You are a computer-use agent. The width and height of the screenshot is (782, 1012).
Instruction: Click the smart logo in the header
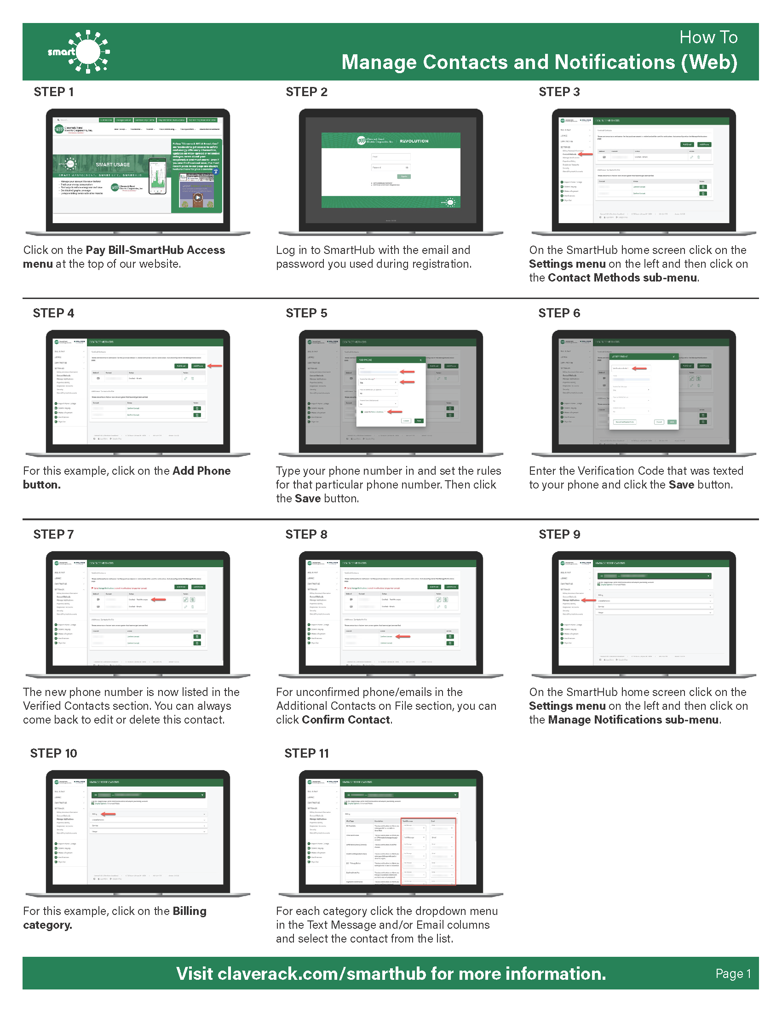pos(79,52)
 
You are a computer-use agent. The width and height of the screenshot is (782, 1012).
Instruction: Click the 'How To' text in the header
pos(708,38)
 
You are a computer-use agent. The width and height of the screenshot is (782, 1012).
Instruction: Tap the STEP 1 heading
pos(53,92)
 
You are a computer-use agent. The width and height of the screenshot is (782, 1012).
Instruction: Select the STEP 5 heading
pos(306,313)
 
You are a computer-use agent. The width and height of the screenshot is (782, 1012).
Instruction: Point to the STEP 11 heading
pos(306,753)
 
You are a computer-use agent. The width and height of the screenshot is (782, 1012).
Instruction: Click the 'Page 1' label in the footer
pos(733,973)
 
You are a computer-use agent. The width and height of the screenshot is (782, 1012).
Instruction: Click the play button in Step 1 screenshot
pos(198,197)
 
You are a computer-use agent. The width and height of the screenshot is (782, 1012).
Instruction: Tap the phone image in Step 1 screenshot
pos(157,177)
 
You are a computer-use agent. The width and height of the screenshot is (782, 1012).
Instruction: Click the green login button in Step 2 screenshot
pos(403,177)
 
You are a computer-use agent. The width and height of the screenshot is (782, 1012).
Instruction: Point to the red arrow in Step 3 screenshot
pos(586,154)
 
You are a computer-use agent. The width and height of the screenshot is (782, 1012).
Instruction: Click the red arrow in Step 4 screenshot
pos(215,366)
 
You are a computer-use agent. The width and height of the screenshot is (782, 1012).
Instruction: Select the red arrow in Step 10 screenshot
pos(108,814)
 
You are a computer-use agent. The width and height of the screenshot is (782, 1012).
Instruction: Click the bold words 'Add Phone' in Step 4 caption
pos(201,471)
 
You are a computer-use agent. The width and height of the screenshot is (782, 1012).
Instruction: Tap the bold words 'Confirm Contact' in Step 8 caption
pos(346,719)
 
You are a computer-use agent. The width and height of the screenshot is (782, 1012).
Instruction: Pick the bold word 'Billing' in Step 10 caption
pos(189,911)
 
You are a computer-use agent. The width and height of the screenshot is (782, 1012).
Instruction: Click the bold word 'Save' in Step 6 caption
pos(681,485)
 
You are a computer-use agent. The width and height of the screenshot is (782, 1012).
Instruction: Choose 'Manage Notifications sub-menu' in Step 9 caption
pos(633,719)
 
